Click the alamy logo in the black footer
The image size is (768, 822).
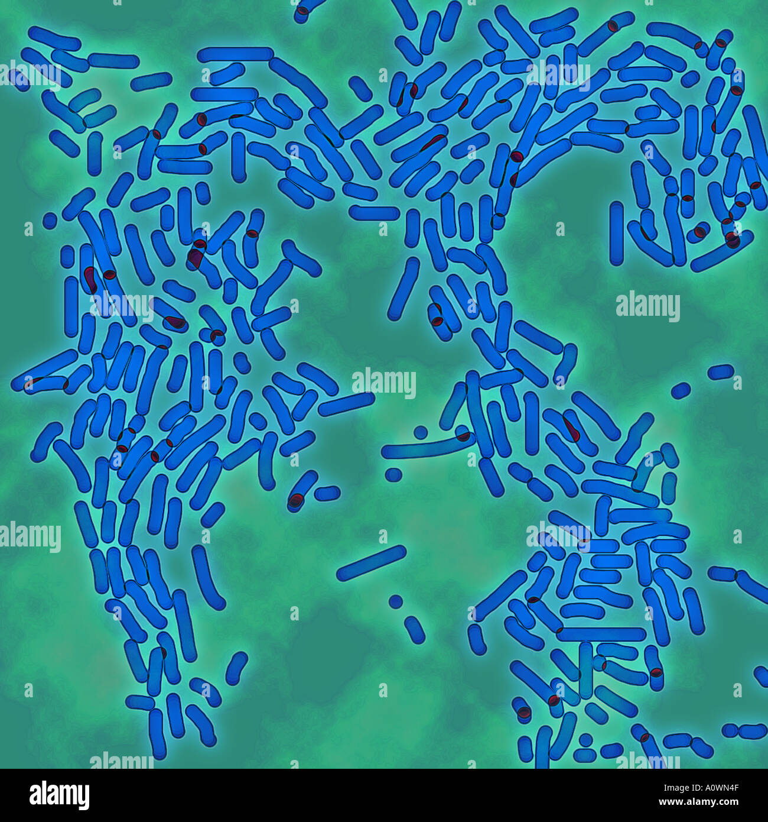59,795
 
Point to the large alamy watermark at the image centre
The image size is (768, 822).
383,383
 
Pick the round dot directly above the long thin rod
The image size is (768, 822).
421,432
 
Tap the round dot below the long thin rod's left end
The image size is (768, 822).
392,474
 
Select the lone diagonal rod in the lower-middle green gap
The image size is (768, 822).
371,563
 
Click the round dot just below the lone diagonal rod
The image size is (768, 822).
396,601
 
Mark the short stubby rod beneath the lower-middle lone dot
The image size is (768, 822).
415,630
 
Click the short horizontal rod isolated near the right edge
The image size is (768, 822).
721,371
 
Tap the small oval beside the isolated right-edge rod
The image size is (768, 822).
681,390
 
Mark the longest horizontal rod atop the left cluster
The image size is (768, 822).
235,55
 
